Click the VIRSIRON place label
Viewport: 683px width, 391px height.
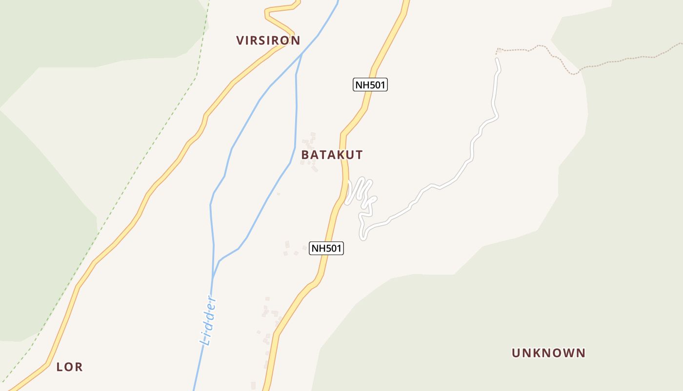click(x=268, y=41)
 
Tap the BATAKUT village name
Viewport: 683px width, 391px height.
click(x=332, y=155)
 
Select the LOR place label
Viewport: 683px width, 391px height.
click(x=69, y=367)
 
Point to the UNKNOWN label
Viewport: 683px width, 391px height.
click(x=548, y=353)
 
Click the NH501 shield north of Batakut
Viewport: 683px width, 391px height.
click(x=370, y=85)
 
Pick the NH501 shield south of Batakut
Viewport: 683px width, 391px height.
click(x=326, y=248)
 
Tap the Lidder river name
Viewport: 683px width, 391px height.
click(x=209, y=320)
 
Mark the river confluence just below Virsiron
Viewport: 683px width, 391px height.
click(x=301, y=54)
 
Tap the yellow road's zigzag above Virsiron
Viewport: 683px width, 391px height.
click(x=281, y=17)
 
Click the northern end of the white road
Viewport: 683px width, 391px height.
click(x=497, y=60)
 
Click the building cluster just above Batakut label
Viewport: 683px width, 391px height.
click(x=309, y=142)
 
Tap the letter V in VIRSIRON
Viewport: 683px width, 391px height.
click(x=240, y=41)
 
